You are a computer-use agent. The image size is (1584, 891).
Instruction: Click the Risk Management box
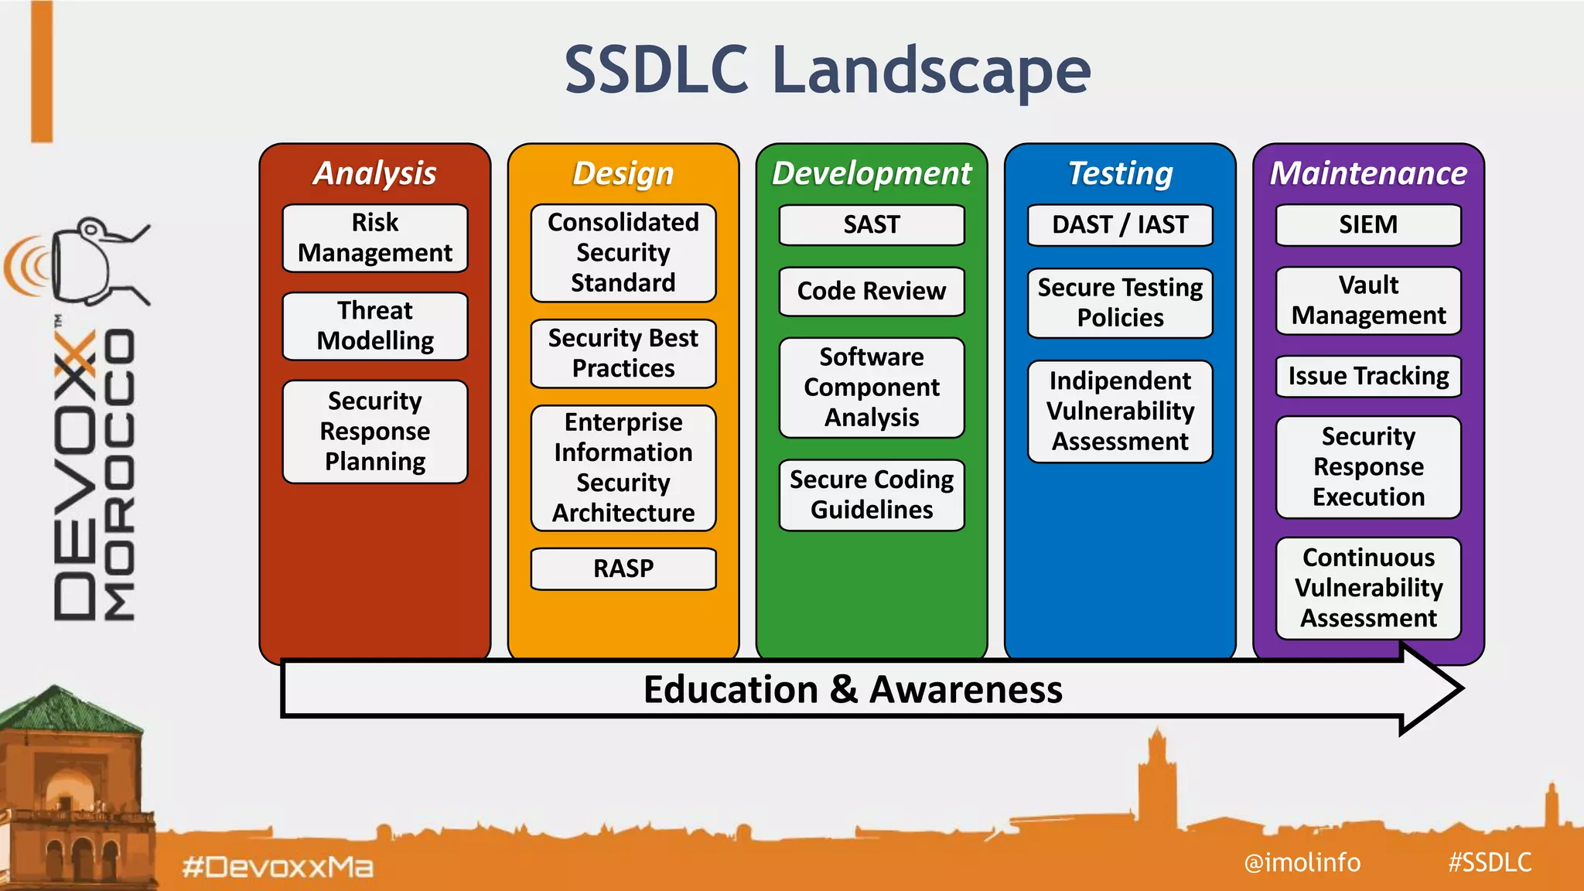pos(375,238)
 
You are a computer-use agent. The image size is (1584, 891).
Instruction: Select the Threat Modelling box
pos(375,326)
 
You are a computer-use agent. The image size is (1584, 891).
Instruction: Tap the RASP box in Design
pos(623,568)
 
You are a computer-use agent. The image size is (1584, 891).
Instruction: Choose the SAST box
pos(872,225)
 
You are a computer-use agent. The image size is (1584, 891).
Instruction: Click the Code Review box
pos(872,292)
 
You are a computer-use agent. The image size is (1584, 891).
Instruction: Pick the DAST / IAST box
pos(1120,225)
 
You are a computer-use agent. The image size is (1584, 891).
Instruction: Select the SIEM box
pos(1368,225)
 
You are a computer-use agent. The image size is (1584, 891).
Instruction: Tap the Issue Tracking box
pos(1368,376)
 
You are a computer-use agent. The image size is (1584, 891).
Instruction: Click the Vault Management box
pos(1368,300)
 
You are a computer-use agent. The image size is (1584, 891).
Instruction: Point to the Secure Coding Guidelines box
pos(872,495)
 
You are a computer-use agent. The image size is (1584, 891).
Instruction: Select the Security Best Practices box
pos(623,353)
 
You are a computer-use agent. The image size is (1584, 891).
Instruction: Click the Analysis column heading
pos(375,173)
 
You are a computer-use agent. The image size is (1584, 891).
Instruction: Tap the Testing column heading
pos(1120,173)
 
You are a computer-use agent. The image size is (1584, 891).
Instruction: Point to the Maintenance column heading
pos(1368,173)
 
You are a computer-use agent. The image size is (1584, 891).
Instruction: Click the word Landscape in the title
pos(931,71)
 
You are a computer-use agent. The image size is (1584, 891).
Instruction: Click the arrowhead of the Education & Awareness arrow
pos(1431,688)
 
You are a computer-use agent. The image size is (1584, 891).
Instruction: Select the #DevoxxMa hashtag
pos(278,866)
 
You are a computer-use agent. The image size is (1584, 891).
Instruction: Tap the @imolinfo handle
pos(1302,862)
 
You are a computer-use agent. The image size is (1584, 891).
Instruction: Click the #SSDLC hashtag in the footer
pos(1490,862)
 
